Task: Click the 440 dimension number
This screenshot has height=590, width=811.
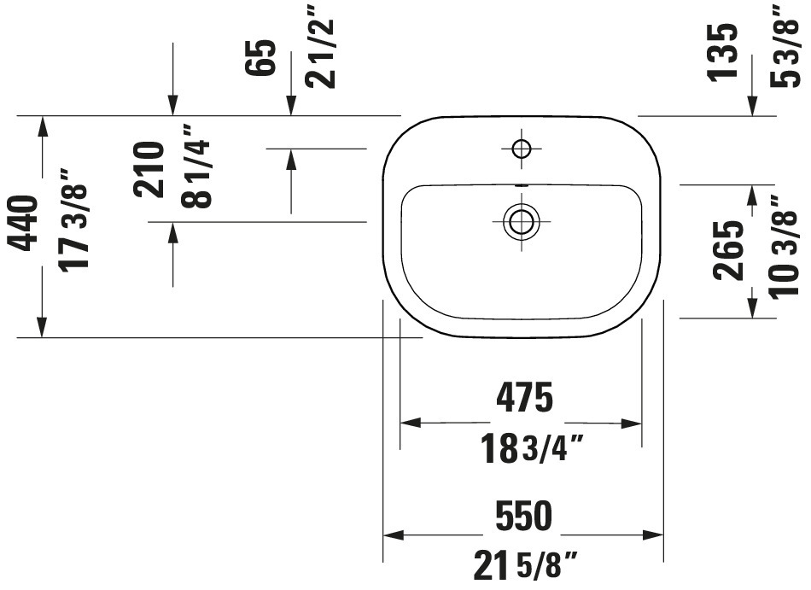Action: [x=25, y=224]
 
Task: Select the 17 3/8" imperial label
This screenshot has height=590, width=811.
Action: [x=73, y=219]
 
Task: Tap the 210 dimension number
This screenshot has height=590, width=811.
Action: [x=149, y=170]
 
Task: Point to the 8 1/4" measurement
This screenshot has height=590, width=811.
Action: [x=196, y=166]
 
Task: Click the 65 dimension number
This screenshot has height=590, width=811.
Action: [x=260, y=57]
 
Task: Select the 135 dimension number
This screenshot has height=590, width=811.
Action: [x=722, y=52]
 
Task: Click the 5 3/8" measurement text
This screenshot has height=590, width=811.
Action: [x=785, y=46]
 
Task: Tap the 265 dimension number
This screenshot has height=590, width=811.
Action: [x=728, y=251]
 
